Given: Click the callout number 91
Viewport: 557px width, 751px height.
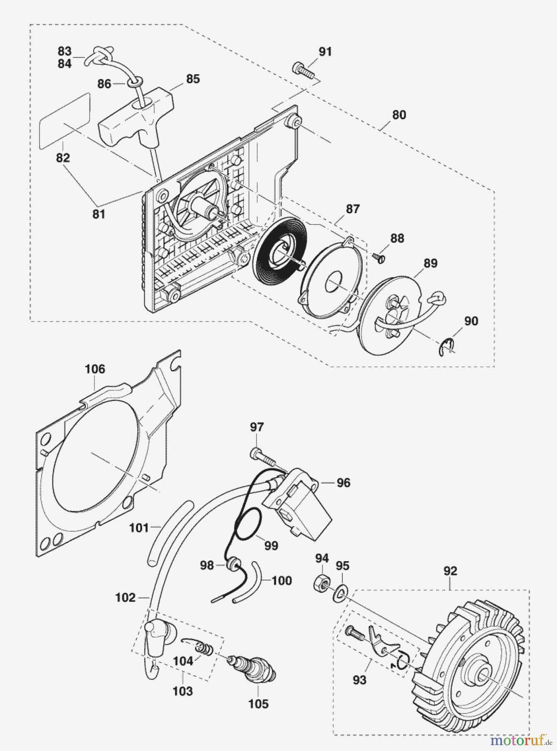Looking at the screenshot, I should tap(325, 52).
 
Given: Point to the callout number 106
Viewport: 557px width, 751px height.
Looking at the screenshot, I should tap(95, 369).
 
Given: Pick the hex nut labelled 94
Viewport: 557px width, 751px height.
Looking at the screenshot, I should tap(320, 582).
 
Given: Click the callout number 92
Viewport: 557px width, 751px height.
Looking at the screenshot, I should tap(450, 571).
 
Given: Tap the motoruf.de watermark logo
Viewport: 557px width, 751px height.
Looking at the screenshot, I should tap(522, 740).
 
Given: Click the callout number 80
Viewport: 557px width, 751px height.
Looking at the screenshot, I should tap(399, 115).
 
